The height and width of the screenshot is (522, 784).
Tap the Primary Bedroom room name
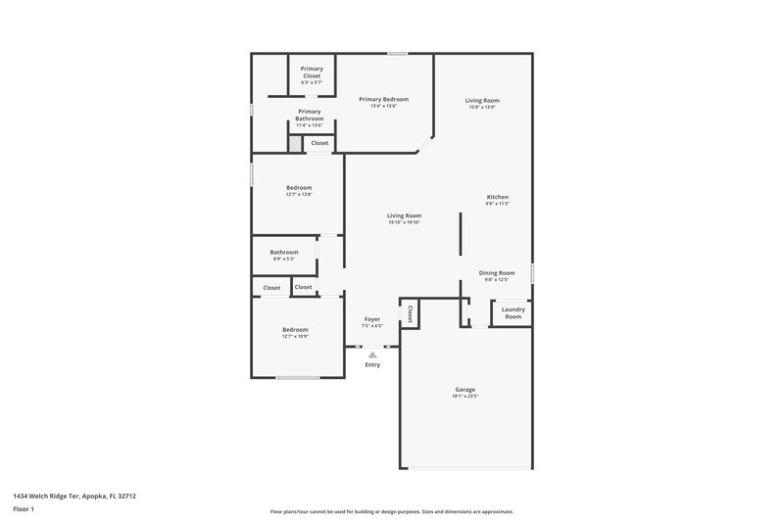point(383,99)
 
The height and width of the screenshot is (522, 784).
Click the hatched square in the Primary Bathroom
point(294,143)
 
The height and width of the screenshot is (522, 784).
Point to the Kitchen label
point(498,197)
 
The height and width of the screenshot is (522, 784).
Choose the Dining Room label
point(497,273)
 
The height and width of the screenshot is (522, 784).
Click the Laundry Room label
point(514,313)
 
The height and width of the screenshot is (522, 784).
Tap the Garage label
point(465,389)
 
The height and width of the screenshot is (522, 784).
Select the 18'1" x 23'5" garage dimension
point(465,398)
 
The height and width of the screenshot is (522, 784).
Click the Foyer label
point(372,319)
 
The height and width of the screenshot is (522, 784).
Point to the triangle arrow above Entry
point(372,356)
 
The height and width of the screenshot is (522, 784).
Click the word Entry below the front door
point(372,365)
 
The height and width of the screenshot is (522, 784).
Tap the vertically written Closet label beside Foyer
point(410,314)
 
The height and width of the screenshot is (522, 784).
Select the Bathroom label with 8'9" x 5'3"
point(284,252)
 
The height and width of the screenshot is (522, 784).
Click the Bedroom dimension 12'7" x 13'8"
point(299,195)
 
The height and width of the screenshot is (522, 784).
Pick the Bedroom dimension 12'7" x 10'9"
point(295,337)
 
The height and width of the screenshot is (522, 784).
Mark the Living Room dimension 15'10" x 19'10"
point(404,223)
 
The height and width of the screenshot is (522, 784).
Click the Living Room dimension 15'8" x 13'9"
point(482,108)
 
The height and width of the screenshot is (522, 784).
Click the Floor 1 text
point(24,510)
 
